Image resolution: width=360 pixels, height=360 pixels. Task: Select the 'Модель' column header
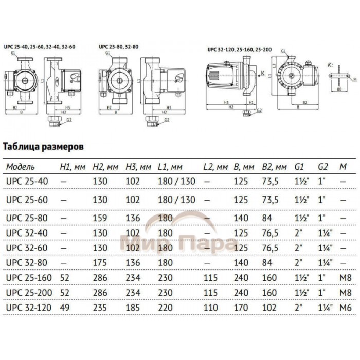pos(20,167)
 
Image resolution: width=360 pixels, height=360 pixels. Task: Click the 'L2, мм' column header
pos(215,167)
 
